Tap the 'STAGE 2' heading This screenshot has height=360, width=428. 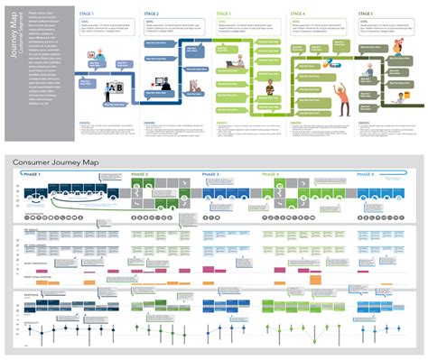click(152, 15)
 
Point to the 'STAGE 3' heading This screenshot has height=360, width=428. click(224, 15)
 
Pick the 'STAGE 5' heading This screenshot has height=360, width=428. click(365, 15)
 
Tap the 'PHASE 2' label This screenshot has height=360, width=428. click(141, 173)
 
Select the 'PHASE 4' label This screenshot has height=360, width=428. click(271, 173)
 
